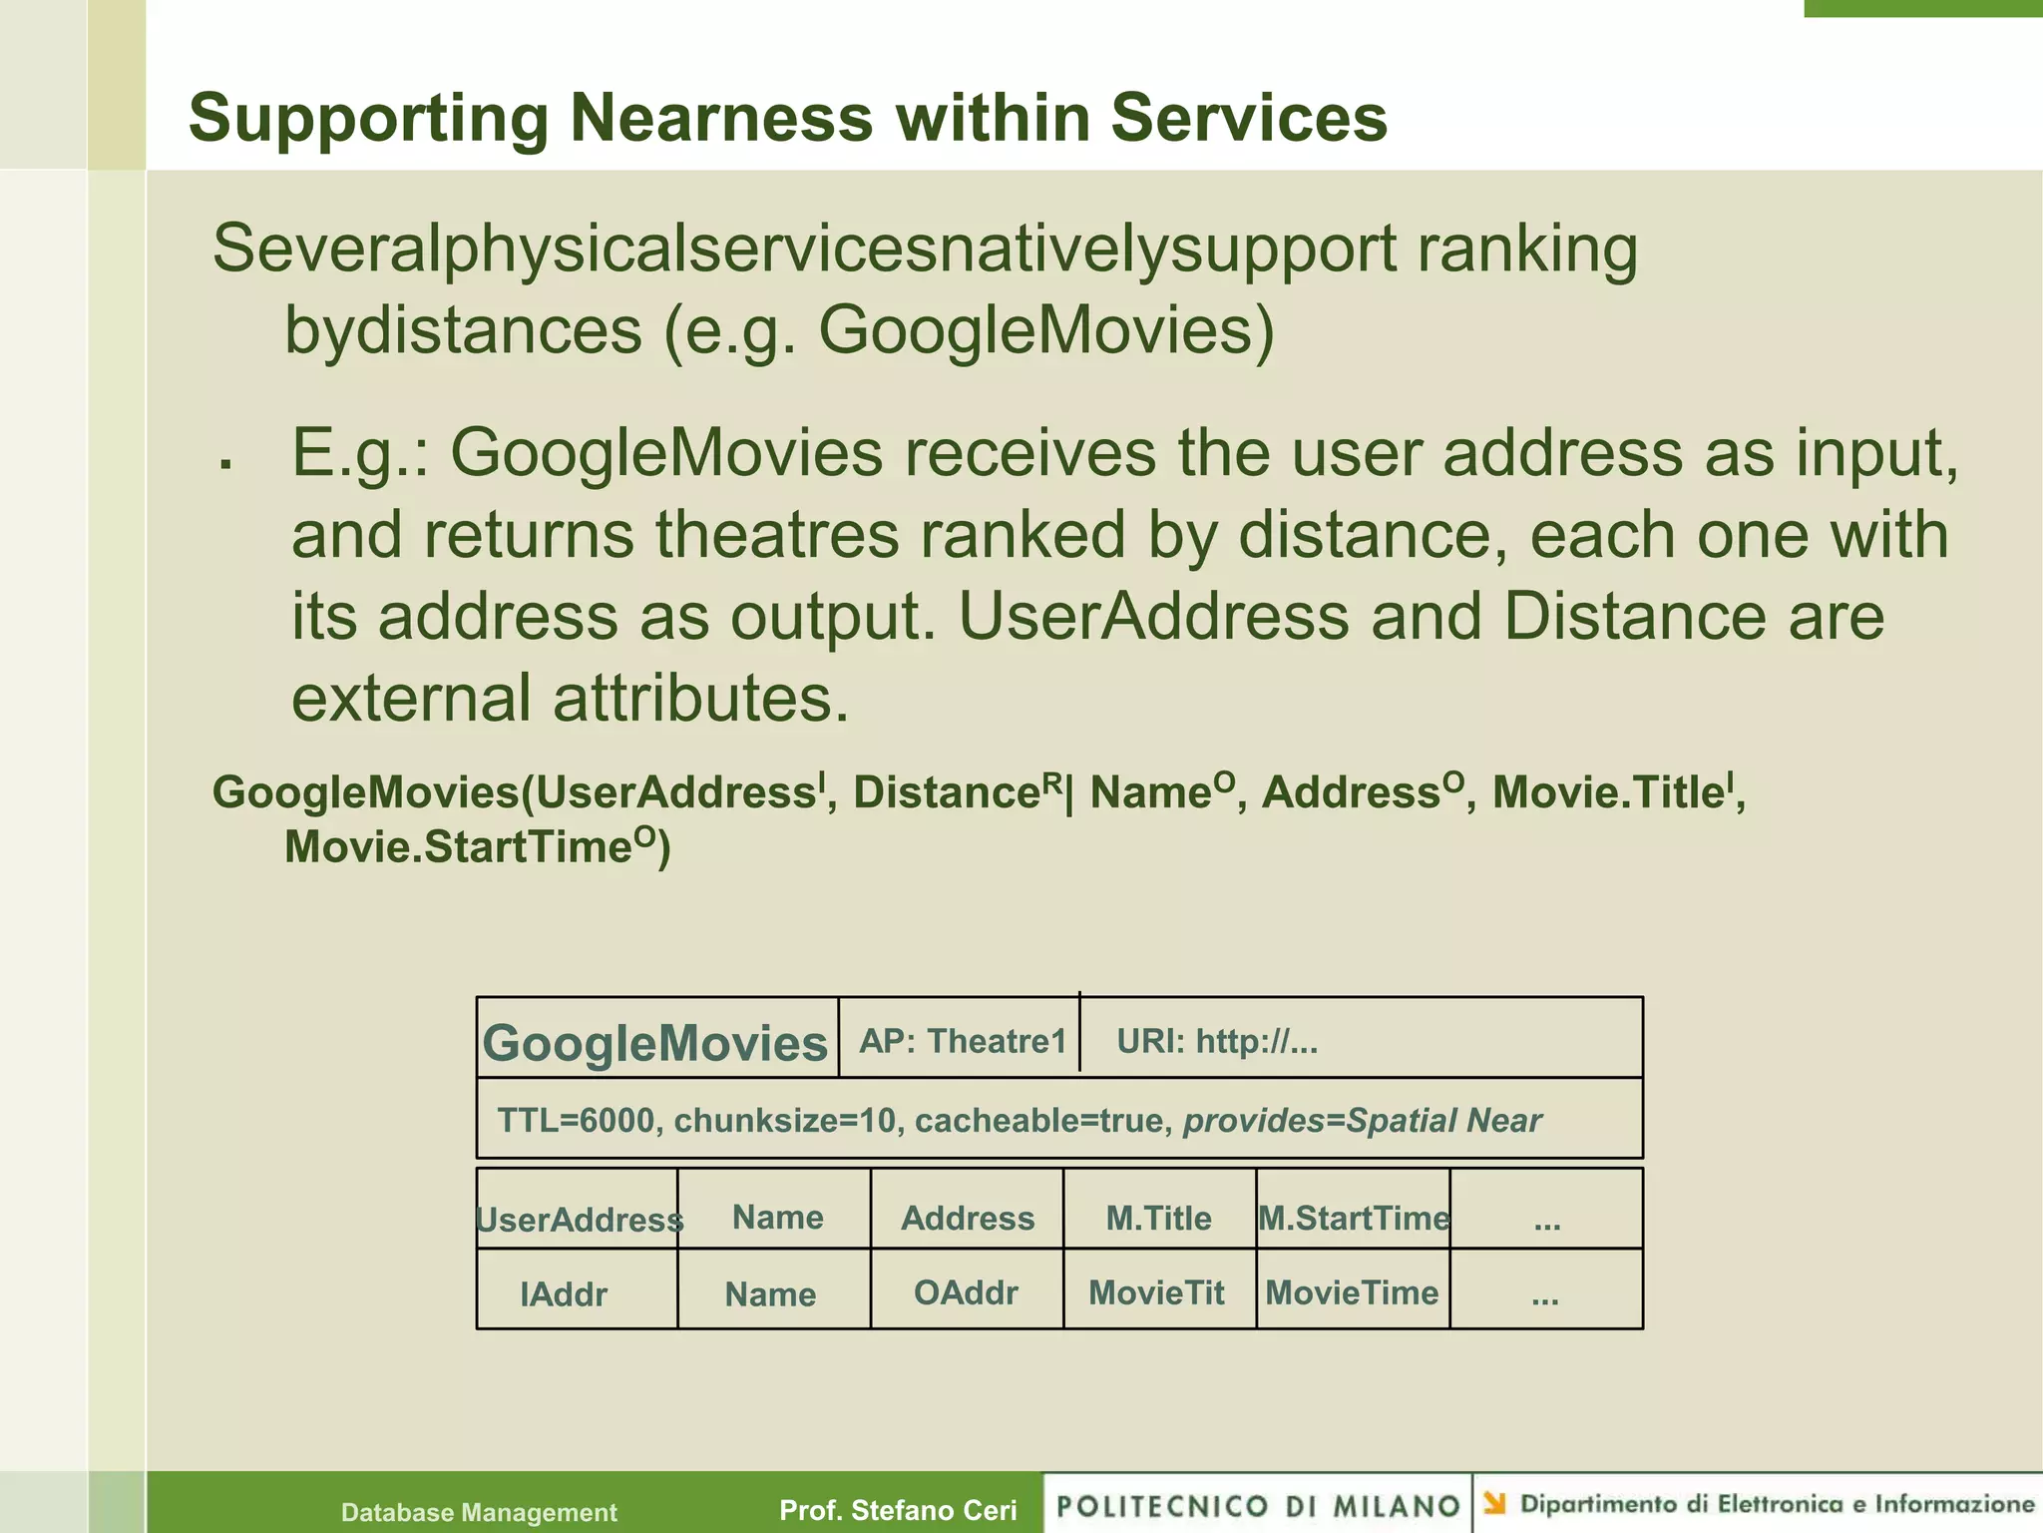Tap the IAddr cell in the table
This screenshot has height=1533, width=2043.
click(x=564, y=1294)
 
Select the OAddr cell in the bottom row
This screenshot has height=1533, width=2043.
click(x=966, y=1292)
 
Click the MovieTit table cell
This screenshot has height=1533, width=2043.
click(x=1156, y=1292)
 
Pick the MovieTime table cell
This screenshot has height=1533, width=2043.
click(x=1352, y=1292)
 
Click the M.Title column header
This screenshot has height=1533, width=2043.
click(x=1158, y=1218)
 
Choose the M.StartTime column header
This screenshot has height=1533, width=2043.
click(x=1354, y=1218)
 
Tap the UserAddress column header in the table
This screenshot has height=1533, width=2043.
click(x=579, y=1220)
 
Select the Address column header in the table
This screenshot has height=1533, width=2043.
click(x=968, y=1218)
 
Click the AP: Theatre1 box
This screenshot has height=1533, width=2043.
click(x=963, y=1041)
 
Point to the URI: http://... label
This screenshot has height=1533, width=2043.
click(x=1217, y=1042)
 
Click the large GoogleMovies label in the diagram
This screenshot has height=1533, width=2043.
click(x=654, y=1043)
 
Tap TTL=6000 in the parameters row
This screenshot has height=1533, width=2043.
click(x=576, y=1121)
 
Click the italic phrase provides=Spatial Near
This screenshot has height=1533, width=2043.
click(x=1362, y=1121)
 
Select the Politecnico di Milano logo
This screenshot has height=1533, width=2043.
click(x=1258, y=1505)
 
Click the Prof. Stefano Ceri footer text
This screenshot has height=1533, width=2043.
click(x=898, y=1510)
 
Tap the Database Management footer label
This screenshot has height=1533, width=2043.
click(x=479, y=1512)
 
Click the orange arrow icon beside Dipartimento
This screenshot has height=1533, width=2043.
click(x=1494, y=1502)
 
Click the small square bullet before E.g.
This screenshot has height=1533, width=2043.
click(x=227, y=463)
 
